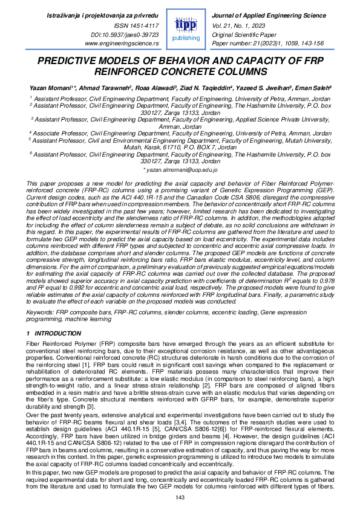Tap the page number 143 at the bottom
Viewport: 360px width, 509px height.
pos(180,497)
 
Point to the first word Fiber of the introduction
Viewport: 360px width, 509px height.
pos(34,343)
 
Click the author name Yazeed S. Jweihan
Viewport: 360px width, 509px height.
pos(261,87)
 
